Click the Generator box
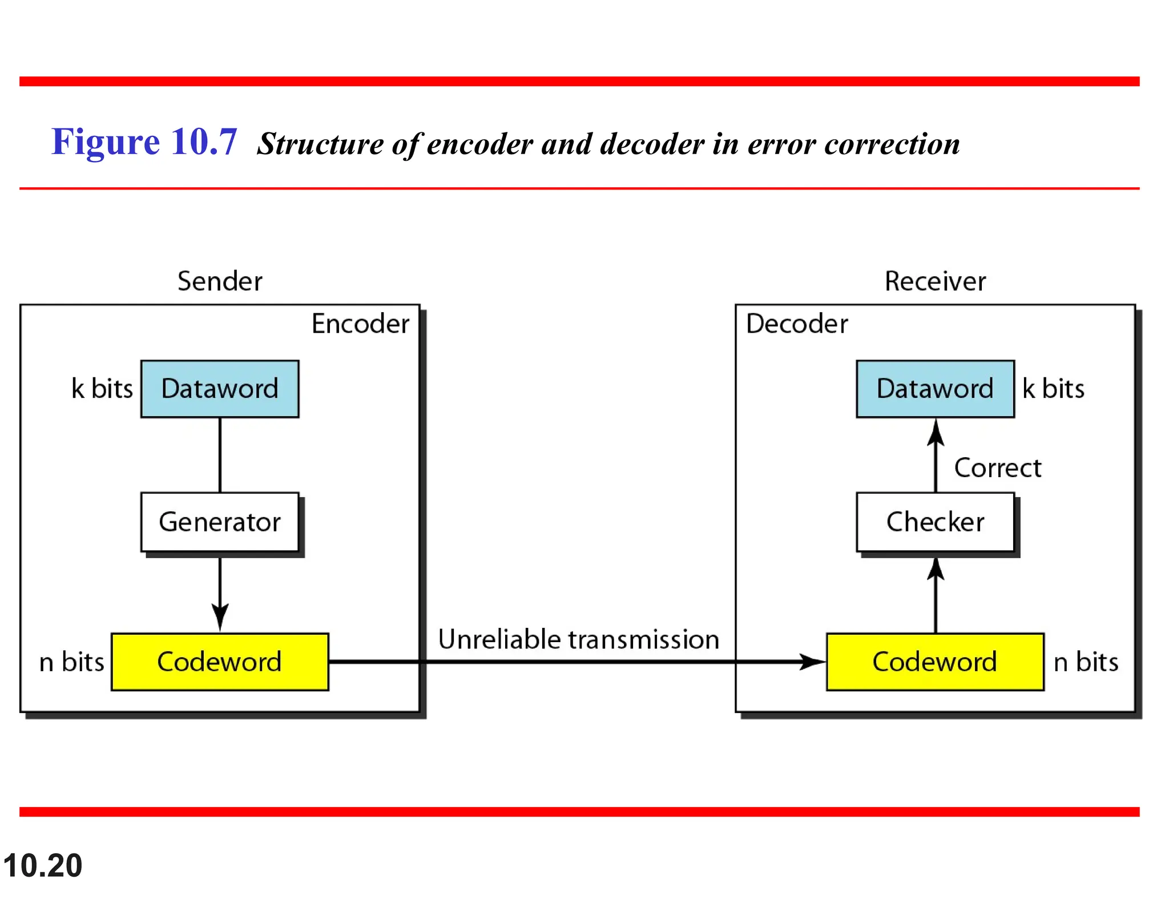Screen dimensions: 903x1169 220,522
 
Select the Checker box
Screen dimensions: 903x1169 935,522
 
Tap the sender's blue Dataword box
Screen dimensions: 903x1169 220,389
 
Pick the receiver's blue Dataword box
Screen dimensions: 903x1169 935,389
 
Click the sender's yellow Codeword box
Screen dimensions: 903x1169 220,662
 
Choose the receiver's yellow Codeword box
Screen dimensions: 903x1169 935,662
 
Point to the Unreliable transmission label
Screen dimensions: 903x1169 578,639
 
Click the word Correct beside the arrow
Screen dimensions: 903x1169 998,468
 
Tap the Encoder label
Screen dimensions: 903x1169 360,324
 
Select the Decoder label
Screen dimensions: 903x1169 797,324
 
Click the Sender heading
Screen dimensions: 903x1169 220,281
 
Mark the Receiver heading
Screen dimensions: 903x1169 935,281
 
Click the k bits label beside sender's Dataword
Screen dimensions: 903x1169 102,389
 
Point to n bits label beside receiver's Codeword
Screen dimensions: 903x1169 1086,662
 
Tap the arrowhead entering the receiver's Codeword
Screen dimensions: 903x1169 813,662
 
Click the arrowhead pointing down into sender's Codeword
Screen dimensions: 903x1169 220,618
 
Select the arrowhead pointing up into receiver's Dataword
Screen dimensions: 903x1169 935,433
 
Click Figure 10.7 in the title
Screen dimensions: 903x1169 144,142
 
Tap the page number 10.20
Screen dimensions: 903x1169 43,865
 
